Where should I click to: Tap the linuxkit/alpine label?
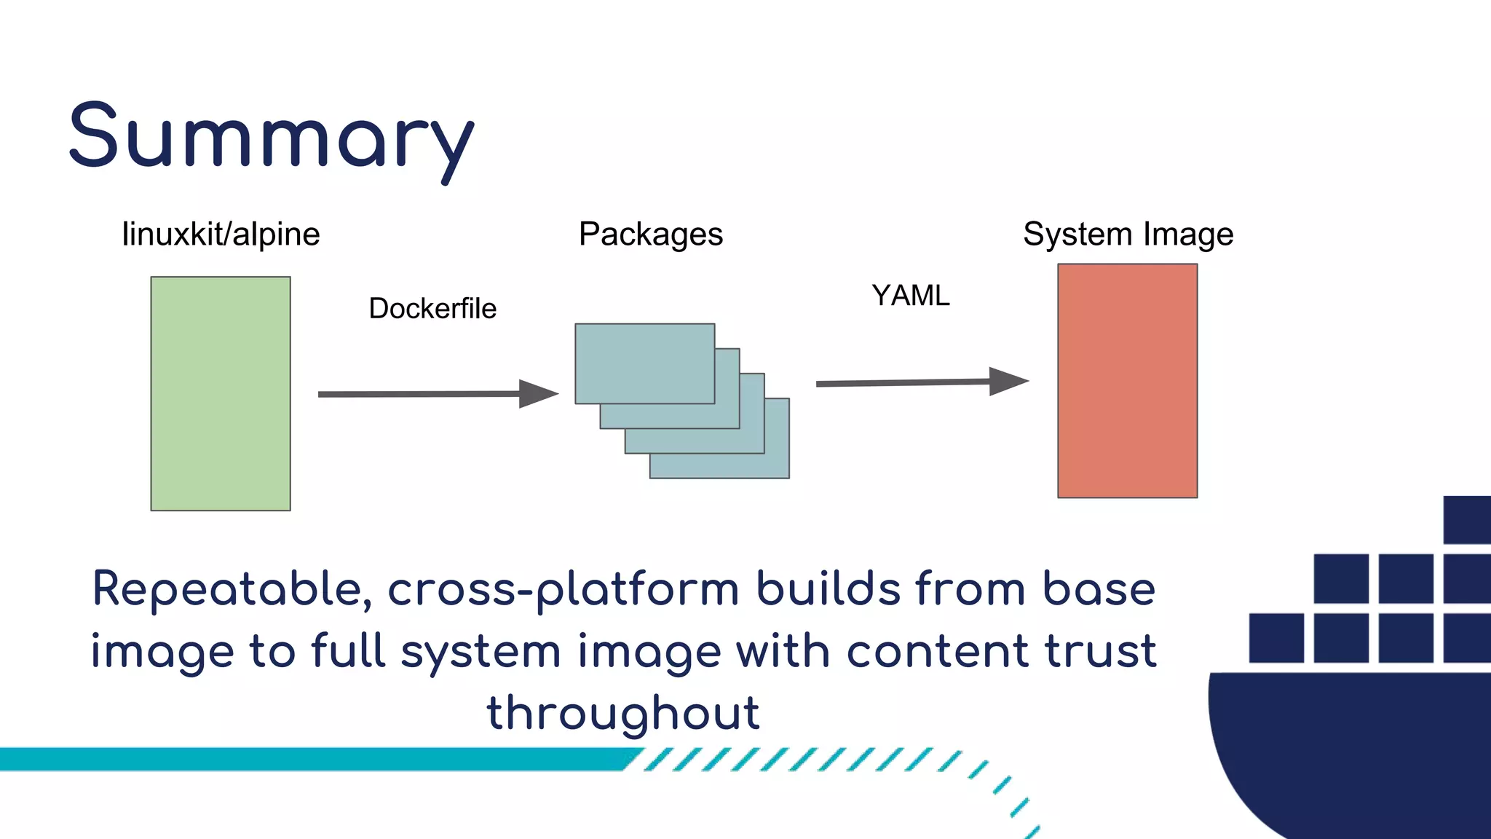tap(221, 235)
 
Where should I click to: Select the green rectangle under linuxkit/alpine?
tap(221, 393)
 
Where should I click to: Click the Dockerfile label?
tap(432, 309)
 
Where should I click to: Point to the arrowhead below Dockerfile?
tap(537, 394)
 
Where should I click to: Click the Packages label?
tap(651, 235)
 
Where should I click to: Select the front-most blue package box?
tap(644, 363)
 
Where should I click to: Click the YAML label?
tap(911, 296)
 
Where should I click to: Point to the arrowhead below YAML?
tap(1008, 381)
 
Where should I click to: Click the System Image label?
tap(1128, 235)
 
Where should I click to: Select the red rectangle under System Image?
tap(1127, 381)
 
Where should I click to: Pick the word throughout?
tap(623, 713)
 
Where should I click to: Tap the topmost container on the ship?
tap(1467, 519)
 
